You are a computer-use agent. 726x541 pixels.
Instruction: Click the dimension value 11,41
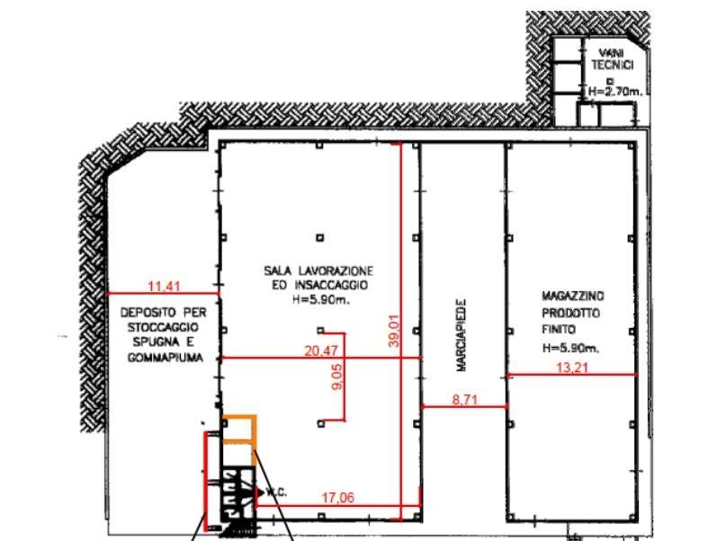tap(164, 287)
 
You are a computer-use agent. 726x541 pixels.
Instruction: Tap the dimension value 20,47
tap(321, 351)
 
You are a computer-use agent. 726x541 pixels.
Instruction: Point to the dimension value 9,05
tap(337, 377)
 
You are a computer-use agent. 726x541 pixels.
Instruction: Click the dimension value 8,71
tap(465, 400)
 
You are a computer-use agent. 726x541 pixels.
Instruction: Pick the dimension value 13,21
tap(572, 368)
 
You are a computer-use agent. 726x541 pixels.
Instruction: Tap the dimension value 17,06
tap(338, 498)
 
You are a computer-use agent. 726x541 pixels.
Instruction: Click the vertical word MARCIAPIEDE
tap(462, 335)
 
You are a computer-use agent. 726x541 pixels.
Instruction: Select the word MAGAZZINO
tap(573, 296)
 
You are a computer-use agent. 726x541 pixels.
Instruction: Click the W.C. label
tap(276, 492)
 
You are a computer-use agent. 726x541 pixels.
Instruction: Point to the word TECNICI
tap(612, 66)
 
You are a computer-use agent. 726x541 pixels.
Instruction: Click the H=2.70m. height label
tap(615, 92)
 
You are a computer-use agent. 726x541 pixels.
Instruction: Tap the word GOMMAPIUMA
tap(166, 358)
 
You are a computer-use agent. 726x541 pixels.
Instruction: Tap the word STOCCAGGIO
tap(163, 327)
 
